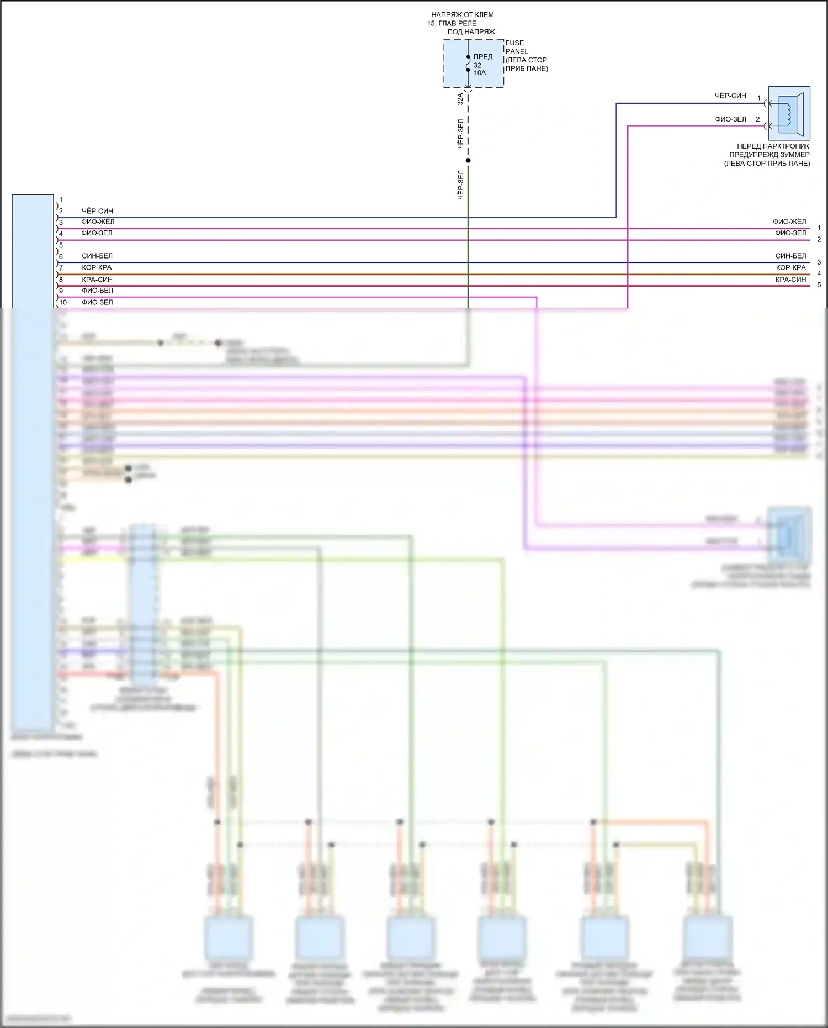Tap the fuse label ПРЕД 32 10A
pos(482,65)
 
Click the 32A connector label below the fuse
pos(460,99)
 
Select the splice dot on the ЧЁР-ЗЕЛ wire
pos(468,161)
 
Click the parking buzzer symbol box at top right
pos(789,113)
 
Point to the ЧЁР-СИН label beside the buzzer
pos(730,96)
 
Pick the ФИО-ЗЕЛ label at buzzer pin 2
pos(730,119)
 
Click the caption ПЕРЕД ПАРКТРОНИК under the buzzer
pos(773,146)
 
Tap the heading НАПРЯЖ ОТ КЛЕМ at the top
pos(463,15)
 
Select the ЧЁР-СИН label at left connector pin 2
pos(97,211)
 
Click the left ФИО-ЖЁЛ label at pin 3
pos(98,222)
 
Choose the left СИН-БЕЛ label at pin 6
pos(97,256)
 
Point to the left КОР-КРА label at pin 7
pos(97,267)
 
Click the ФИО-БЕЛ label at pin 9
pos(97,291)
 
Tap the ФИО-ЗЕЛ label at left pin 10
pos(97,302)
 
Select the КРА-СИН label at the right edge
pos(790,280)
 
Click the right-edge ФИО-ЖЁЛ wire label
pos(789,222)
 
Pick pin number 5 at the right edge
pos(819,285)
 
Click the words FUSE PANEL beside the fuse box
pos(516,47)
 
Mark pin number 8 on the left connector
pos(61,280)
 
